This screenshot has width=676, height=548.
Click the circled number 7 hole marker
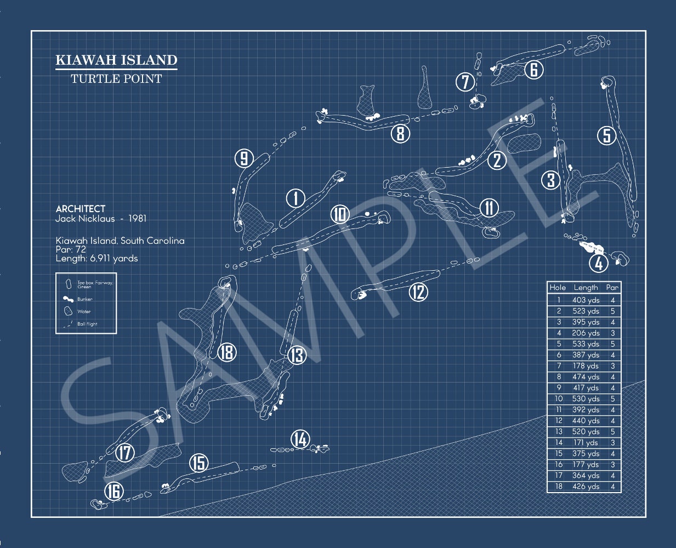click(x=465, y=82)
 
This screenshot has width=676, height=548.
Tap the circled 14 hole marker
click(x=300, y=439)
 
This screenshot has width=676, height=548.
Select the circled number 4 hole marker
click(x=599, y=263)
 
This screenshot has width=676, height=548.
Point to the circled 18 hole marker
click(x=226, y=352)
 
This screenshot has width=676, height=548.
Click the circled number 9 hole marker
click(x=243, y=159)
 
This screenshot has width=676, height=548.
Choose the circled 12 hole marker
click(x=418, y=292)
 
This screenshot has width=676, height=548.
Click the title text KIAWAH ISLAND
click(x=116, y=60)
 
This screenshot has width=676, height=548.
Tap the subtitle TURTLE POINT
click(x=116, y=79)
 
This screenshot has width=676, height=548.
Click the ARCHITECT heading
click(x=81, y=209)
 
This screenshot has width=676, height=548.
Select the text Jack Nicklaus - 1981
click(x=101, y=219)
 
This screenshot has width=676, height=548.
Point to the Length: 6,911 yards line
click(x=96, y=258)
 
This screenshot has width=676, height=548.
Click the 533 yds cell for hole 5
click(x=585, y=344)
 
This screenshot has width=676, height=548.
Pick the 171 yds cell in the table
click(x=585, y=443)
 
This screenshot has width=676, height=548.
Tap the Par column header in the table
click(x=612, y=287)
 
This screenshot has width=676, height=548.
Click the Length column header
click(x=586, y=287)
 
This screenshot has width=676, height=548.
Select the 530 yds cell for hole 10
click(x=585, y=399)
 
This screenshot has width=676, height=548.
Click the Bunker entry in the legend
click(x=84, y=299)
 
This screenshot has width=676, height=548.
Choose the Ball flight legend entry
click(x=87, y=324)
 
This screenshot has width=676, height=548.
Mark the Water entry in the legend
click(x=83, y=311)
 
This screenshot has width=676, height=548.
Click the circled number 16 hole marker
click(x=113, y=492)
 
